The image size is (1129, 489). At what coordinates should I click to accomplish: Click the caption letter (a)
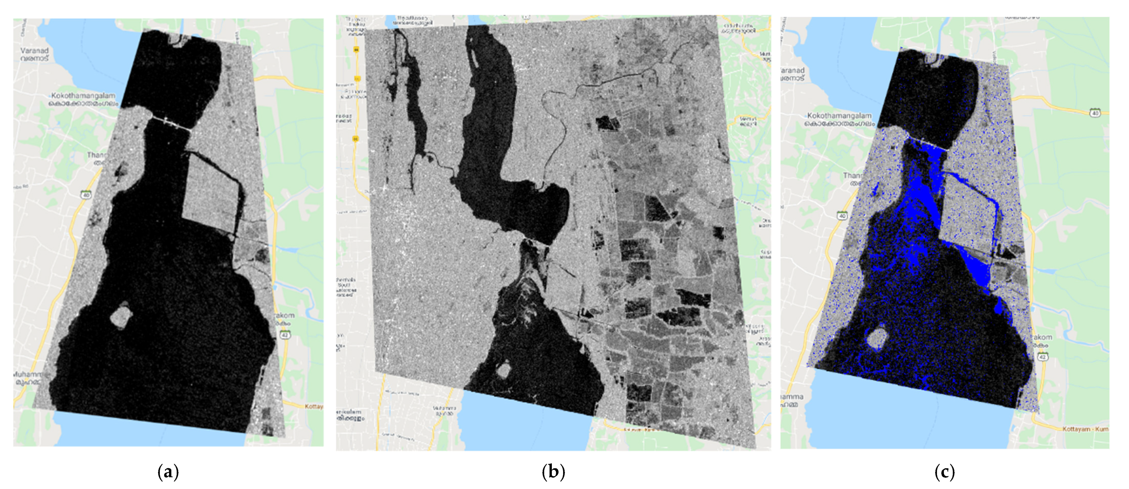168,472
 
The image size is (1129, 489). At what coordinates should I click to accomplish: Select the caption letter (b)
553,472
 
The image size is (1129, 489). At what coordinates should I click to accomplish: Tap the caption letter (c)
945,472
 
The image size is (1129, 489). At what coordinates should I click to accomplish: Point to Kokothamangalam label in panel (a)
83,96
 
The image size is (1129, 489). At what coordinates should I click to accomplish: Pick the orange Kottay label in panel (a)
314,407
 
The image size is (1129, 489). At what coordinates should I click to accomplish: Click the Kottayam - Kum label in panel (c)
1085,428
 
